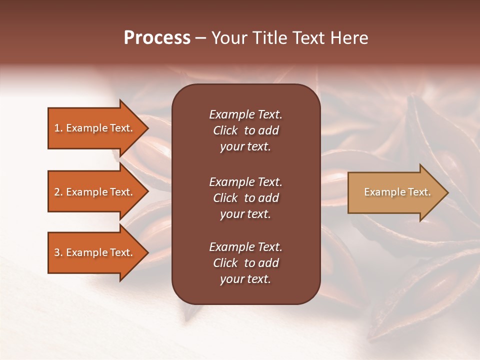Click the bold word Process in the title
point(157,38)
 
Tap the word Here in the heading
point(349,38)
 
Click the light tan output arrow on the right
point(395,192)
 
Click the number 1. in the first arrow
point(58,128)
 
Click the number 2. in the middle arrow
point(58,192)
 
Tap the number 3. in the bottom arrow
point(58,253)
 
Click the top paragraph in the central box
point(245,130)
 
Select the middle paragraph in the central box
point(245,197)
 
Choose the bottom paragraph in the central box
point(245,263)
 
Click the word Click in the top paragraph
point(225,131)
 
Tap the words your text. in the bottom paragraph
point(245,279)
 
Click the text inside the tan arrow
point(397,192)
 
